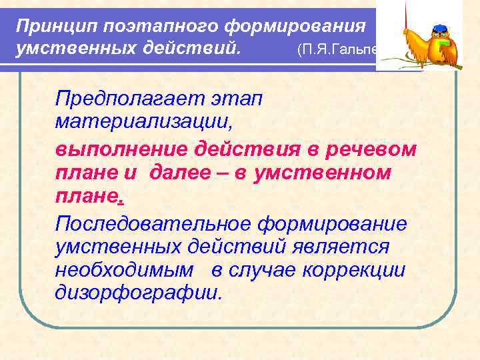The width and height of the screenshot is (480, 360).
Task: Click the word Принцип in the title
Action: tap(51, 27)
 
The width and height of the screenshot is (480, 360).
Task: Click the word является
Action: tap(341, 246)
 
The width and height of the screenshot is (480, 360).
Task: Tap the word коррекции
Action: tap(363, 269)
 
